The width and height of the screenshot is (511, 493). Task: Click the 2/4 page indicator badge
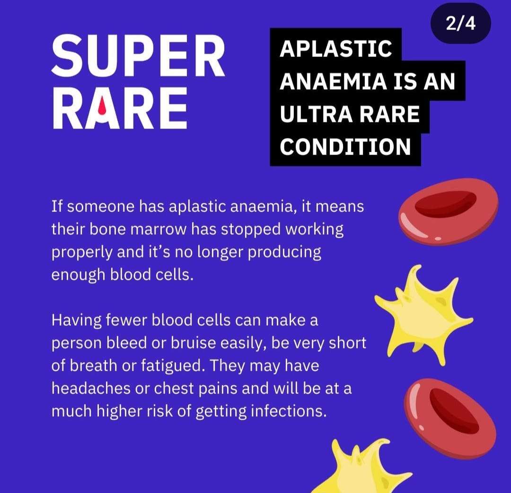point(460,24)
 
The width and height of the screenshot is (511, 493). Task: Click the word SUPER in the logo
point(138,56)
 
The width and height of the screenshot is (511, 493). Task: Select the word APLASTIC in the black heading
point(335,49)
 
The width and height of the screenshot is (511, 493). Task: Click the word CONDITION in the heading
point(345,146)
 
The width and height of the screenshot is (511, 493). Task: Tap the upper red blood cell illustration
point(448,211)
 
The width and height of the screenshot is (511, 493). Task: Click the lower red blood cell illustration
point(450,419)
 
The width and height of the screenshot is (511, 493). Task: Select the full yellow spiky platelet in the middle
point(423,315)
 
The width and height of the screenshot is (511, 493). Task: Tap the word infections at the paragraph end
point(289,411)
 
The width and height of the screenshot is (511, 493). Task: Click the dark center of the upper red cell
point(446,204)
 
